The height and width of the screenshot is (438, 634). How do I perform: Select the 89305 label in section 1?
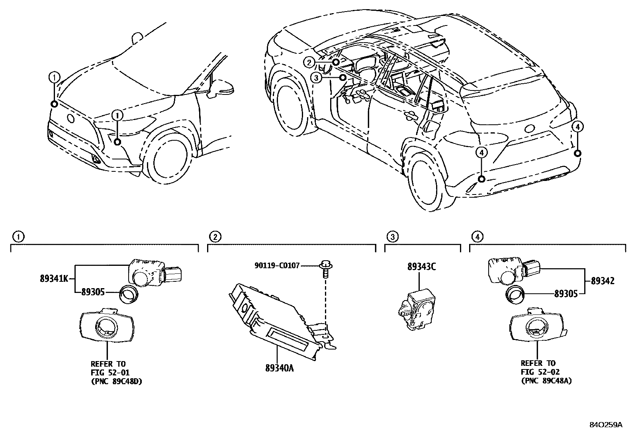92,292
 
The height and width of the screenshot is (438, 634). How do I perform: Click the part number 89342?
603,281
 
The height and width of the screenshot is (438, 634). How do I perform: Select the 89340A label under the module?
279,368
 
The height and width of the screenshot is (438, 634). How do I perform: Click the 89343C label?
421,267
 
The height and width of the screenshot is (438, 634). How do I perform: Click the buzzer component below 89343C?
416,308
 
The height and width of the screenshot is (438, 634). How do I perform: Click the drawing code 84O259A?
605,425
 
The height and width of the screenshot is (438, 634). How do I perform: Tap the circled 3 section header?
392,237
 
